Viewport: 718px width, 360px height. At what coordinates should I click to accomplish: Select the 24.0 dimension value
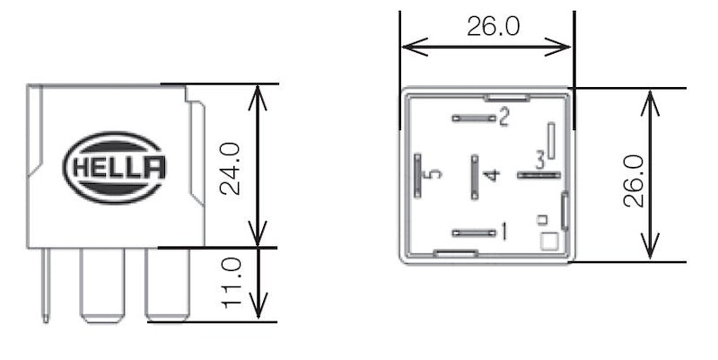[x=232, y=166]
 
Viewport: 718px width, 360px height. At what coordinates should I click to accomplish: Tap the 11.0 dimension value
[x=232, y=283]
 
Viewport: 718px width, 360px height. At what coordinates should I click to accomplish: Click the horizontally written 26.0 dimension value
[x=493, y=27]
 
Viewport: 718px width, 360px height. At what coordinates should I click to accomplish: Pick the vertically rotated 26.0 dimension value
[x=635, y=180]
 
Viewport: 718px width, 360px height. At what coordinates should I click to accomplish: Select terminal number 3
[x=539, y=161]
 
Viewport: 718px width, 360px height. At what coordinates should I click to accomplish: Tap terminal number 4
[x=489, y=174]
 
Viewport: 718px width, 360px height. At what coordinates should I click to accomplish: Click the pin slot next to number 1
[x=474, y=233]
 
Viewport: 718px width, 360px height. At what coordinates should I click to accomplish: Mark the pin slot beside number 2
[x=474, y=117]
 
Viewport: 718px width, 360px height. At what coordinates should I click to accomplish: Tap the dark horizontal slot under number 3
[x=538, y=175]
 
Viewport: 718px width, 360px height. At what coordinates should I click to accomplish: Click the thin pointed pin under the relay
[x=45, y=285]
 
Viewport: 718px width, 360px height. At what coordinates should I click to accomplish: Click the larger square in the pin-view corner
[x=548, y=241]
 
